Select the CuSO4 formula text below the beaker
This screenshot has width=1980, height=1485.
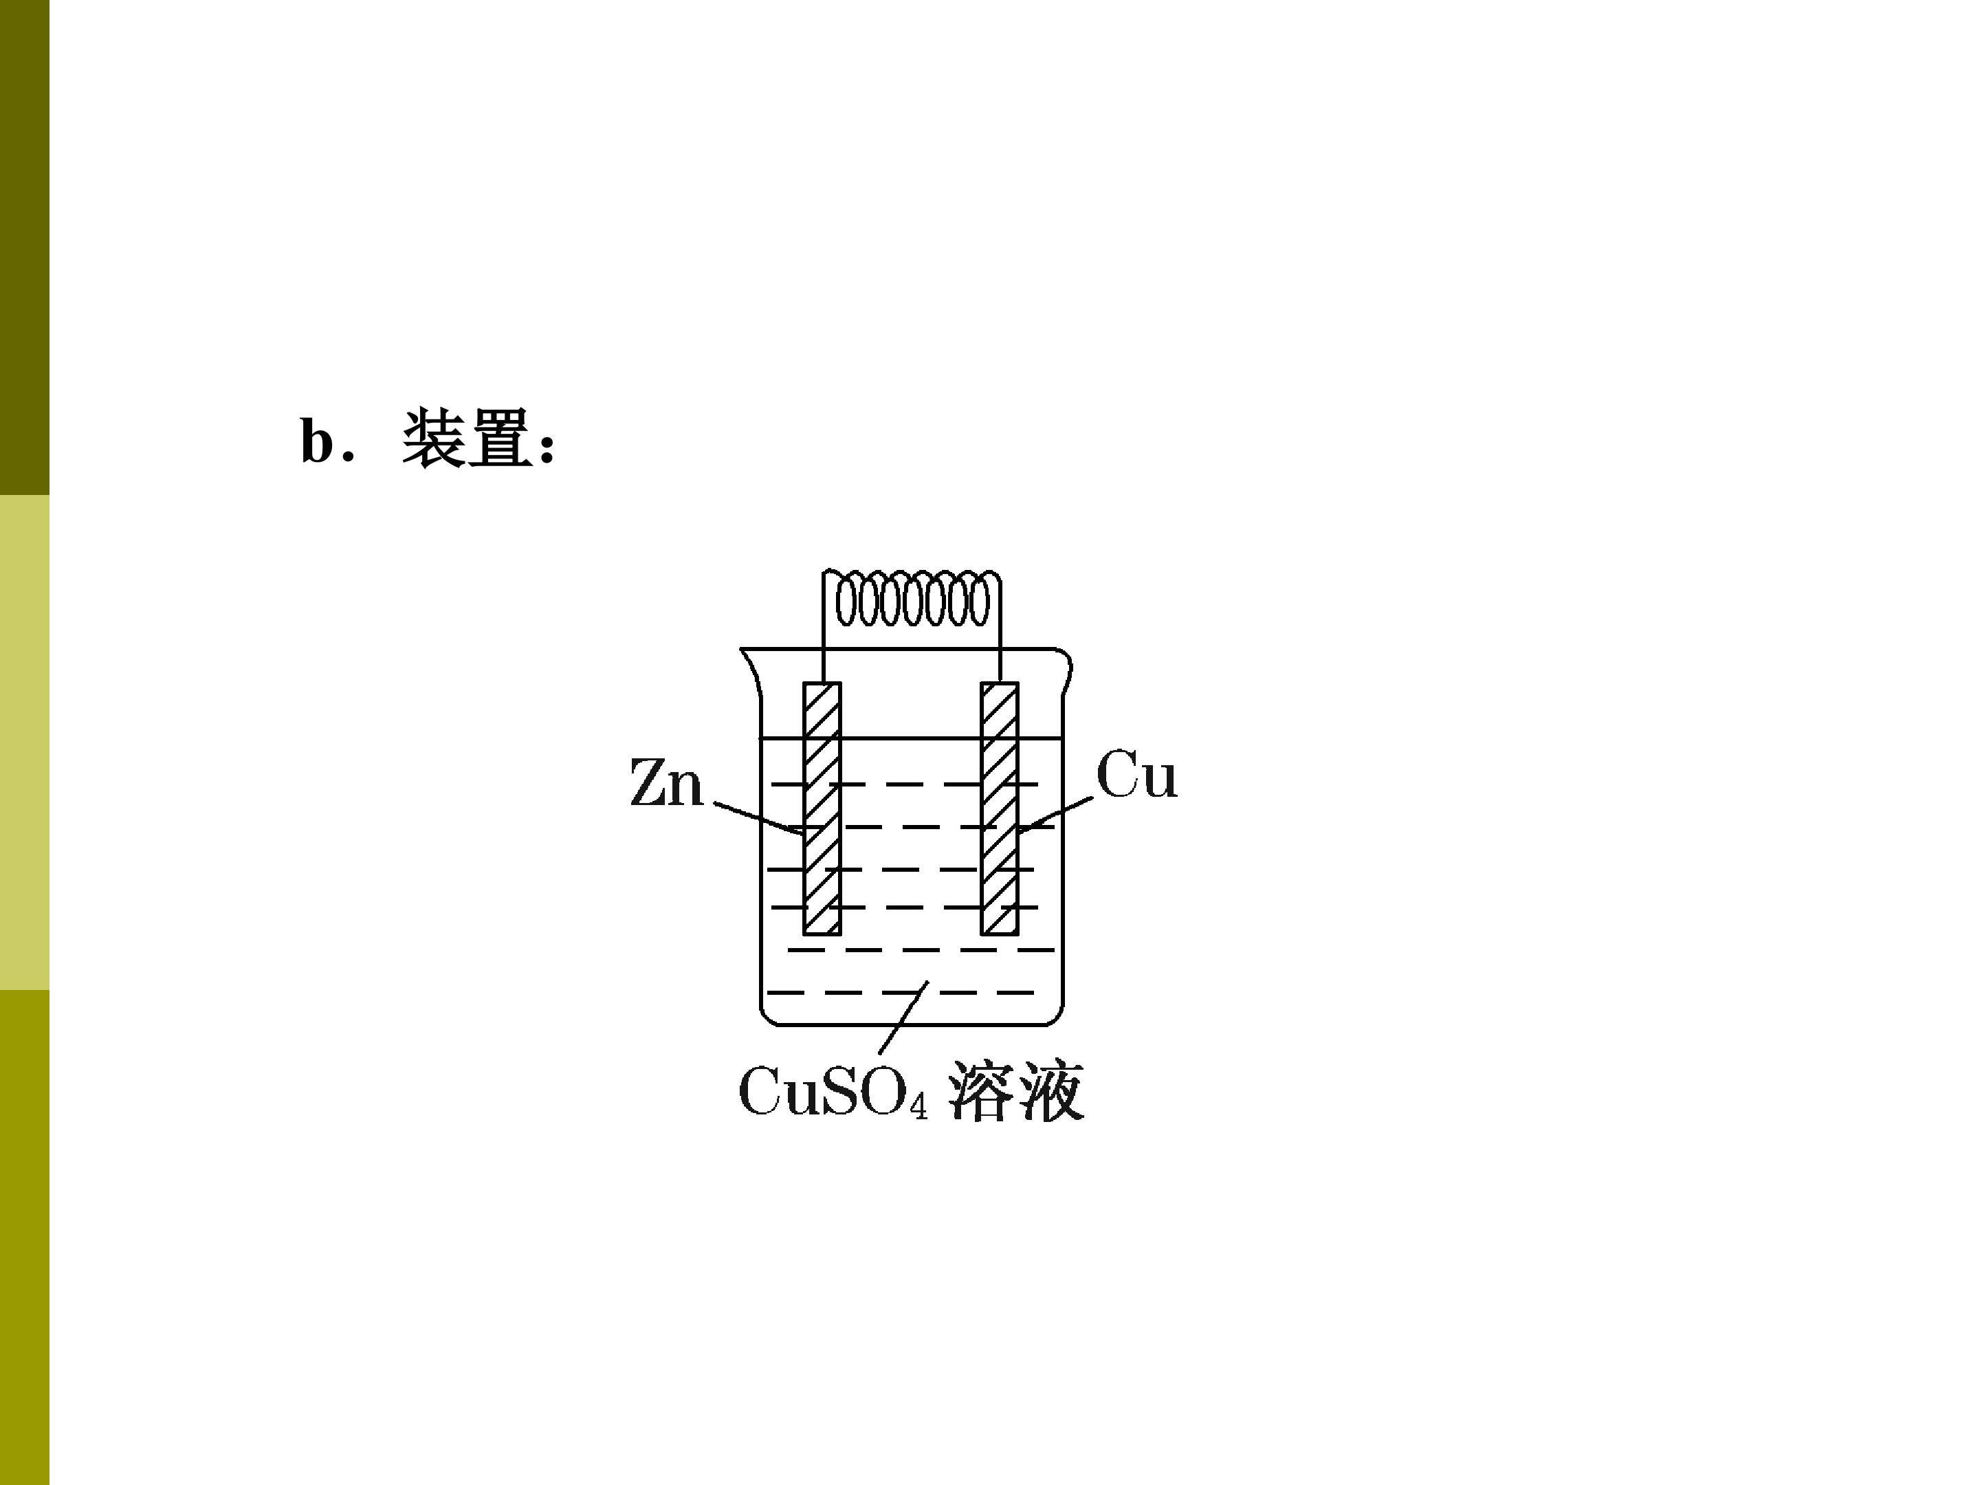[833, 1091]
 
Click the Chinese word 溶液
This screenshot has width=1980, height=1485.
[1016, 1091]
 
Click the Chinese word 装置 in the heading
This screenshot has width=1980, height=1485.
[467, 438]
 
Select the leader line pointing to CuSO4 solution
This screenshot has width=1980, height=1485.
[904, 1017]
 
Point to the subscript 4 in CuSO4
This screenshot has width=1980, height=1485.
[918, 1106]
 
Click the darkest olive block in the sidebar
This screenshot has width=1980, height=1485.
[24, 247]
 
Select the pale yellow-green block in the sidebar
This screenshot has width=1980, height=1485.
[24, 742]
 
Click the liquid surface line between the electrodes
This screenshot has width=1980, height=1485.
[911, 738]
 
